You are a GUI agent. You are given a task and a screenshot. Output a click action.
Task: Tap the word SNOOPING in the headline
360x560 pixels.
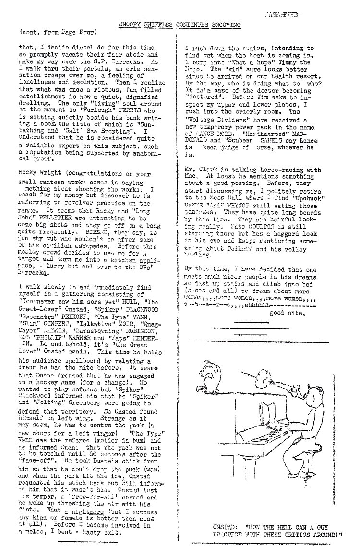click(x=223, y=24)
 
